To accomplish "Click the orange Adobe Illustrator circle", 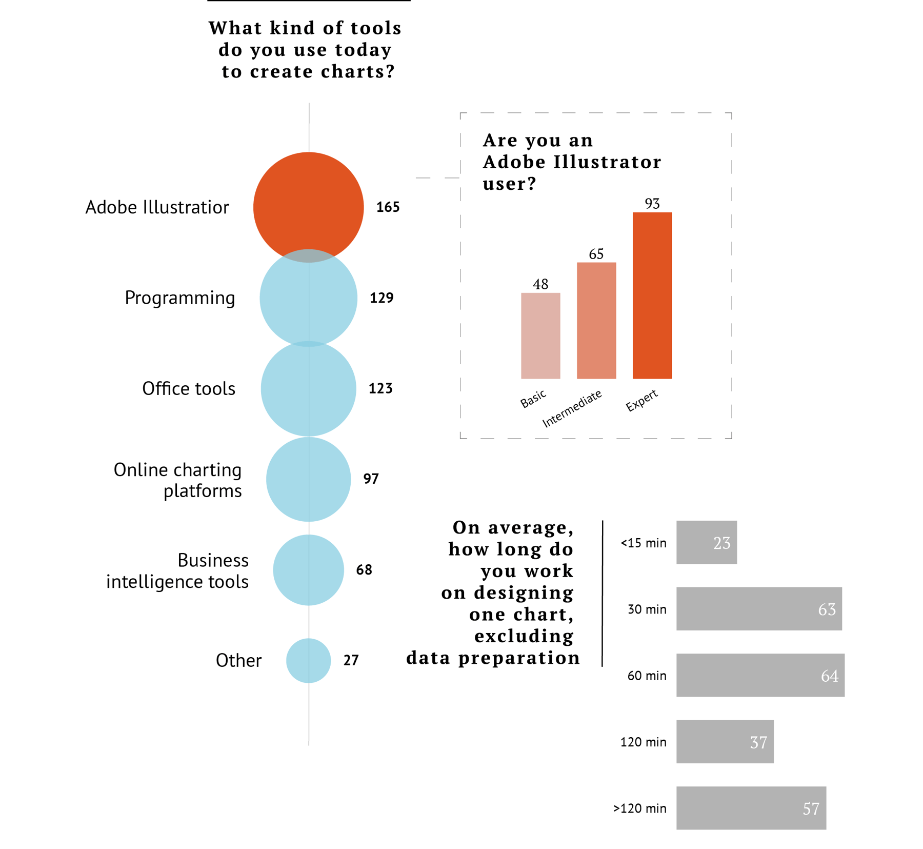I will click(x=308, y=203).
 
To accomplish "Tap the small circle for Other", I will click(x=308, y=660).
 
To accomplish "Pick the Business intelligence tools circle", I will click(x=308, y=570).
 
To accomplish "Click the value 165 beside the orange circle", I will click(x=388, y=207).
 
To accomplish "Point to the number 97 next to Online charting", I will click(x=371, y=479).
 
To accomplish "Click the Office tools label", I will click(x=188, y=389).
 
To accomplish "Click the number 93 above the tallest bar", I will click(x=652, y=204).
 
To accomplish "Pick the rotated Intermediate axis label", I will click(x=572, y=409).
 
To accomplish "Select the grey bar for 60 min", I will click(x=760, y=675).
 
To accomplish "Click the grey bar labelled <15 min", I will click(x=706, y=542).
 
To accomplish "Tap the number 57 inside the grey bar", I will click(x=811, y=809).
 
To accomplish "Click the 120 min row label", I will click(x=643, y=742).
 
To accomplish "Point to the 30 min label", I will click(x=647, y=609).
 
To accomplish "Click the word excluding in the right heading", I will click(x=524, y=636).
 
